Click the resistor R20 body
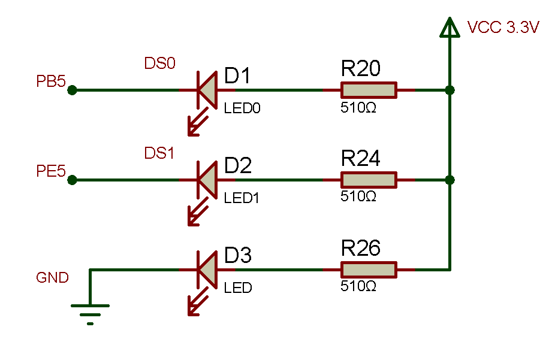coord(369,90)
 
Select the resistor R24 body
coord(369,180)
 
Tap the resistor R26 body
coord(369,270)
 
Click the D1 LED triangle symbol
coord(207,90)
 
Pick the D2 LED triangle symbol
coord(207,180)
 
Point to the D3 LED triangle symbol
coord(207,270)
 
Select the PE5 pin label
coord(51,173)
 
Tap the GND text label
coord(53,278)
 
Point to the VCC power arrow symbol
coord(450,27)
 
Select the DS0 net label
coord(160,63)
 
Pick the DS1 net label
coord(159,153)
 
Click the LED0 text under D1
coord(243,108)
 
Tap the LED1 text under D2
coord(242,198)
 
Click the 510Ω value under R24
coord(358,196)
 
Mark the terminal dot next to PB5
coord(72,90)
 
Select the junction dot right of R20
coord(450,90)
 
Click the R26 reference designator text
coord(361,248)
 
